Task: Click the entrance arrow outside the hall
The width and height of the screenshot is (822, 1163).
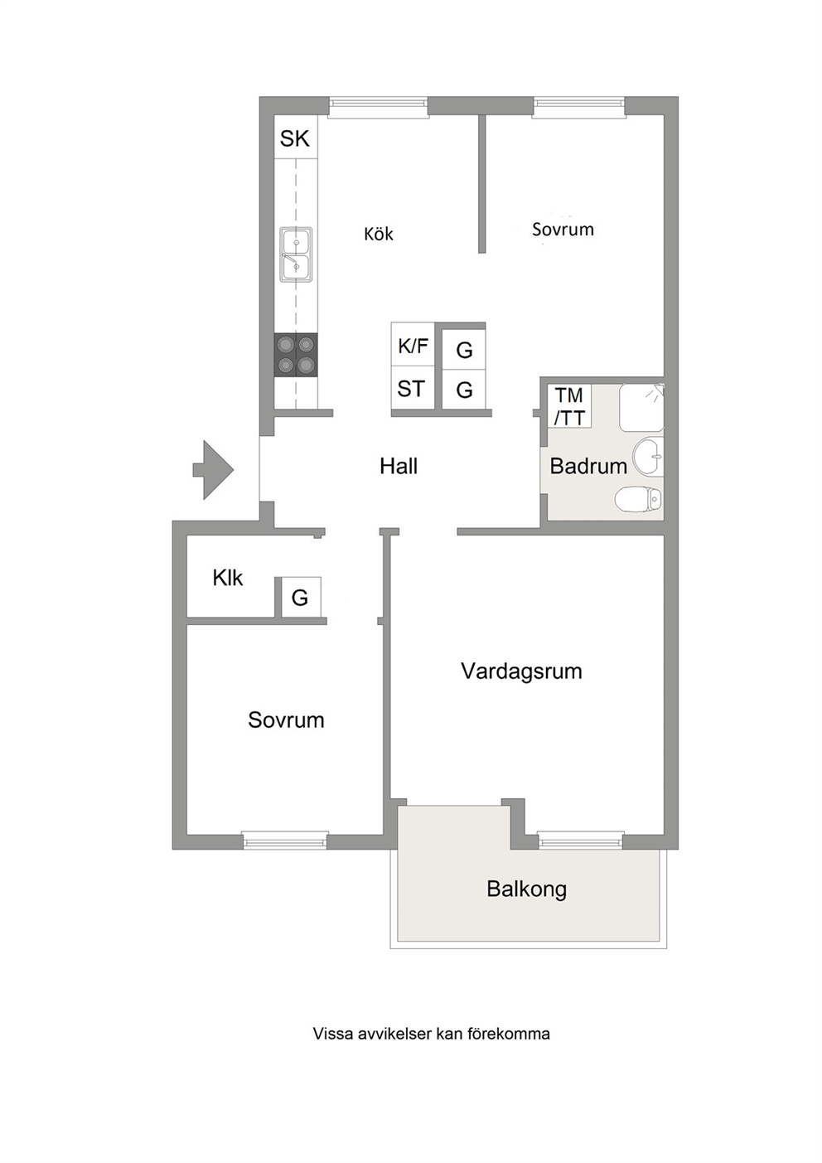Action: tap(213, 470)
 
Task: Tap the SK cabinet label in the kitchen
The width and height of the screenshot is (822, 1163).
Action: tap(295, 138)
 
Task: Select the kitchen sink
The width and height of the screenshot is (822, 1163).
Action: tap(297, 254)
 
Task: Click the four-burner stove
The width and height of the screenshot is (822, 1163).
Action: tap(296, 355)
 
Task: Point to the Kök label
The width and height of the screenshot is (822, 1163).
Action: tap(379, 234)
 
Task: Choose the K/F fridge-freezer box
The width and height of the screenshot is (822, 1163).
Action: tap(413, 344)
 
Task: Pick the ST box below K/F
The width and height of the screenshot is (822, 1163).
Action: tap(413, 387)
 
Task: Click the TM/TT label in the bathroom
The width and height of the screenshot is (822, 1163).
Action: tap(569, 406)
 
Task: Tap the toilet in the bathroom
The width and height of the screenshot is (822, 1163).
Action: tap(639, 501)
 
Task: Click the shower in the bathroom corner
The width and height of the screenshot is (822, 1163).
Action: tap(641, 408)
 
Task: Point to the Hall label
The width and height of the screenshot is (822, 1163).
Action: tap(399, 466)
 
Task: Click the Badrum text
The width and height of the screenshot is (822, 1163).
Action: tap(588, 466)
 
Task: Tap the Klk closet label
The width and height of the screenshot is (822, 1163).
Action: tap(228, 579)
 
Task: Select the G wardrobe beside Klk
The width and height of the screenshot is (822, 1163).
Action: tap(301, 598)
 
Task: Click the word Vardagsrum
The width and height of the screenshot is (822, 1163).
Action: tap(521, 671)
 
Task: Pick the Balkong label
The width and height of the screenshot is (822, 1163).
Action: tap(527, 889)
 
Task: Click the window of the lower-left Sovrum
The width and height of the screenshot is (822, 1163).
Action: tap(285, 841)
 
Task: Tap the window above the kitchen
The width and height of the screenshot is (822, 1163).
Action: tap(379, 107)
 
